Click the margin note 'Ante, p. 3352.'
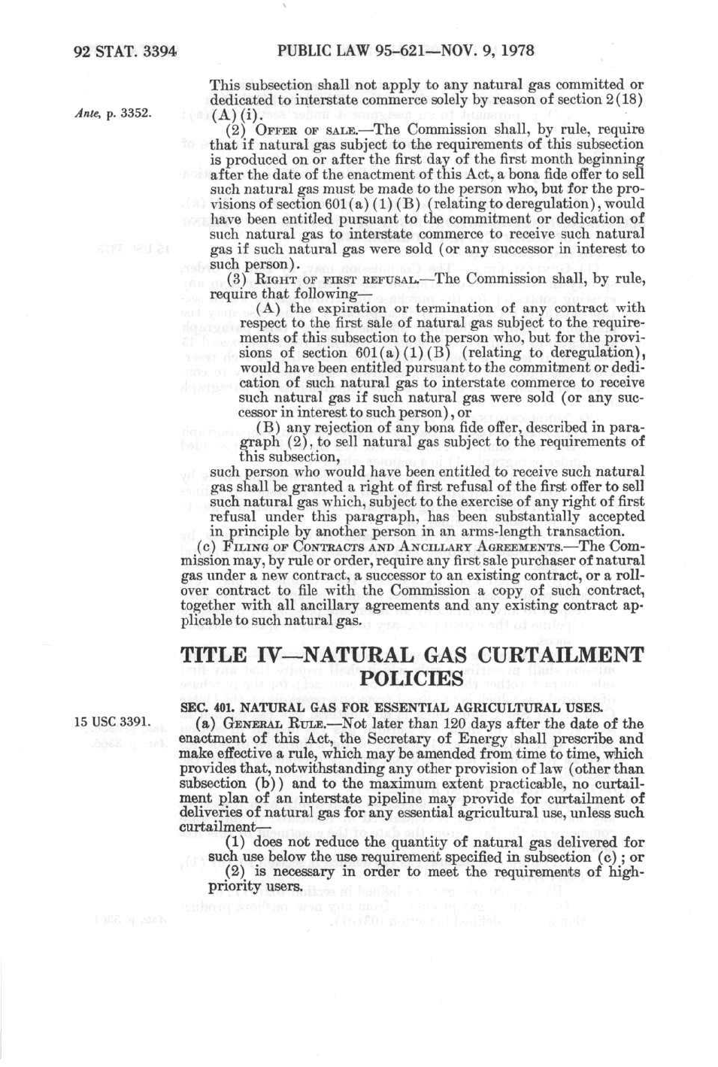tap(113, 114)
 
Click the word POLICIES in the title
tap(412, 679)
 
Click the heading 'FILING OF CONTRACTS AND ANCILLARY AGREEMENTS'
tap(387, 547)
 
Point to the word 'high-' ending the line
tap(628, 871)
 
